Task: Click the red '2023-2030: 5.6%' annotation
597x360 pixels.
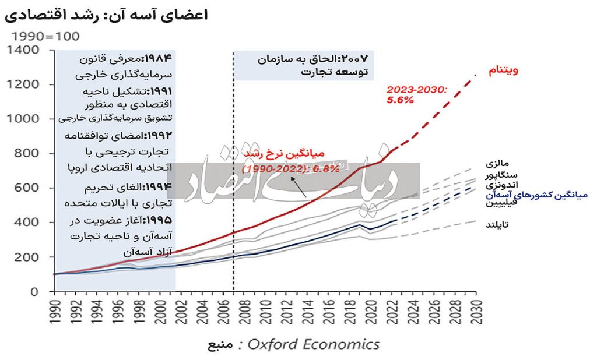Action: [416, 95]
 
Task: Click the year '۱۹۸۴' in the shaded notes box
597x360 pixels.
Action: [164, 59]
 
